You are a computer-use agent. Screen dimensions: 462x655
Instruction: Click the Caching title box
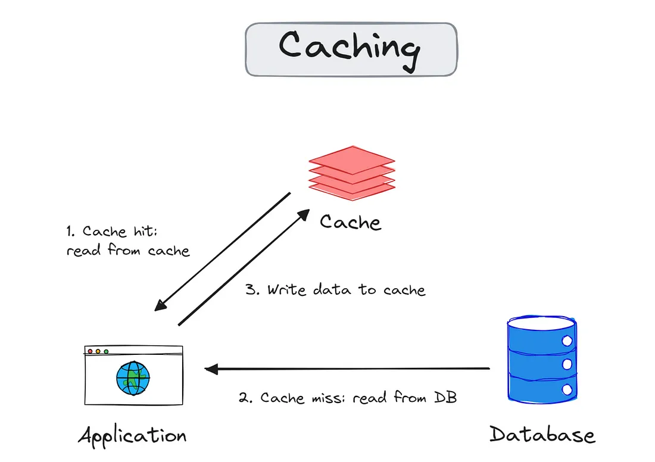pos(351,49)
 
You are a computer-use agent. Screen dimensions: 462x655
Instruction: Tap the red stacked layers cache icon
pos(351,169)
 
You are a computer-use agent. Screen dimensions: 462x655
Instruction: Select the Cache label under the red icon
pos(350,222)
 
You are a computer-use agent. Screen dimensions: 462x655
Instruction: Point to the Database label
pos(542,434)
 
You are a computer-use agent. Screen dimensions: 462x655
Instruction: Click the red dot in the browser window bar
pos(90,351)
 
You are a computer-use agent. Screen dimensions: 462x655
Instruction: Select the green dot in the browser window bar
pos(106,351)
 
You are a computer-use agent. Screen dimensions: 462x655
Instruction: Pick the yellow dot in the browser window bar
pos(98,351)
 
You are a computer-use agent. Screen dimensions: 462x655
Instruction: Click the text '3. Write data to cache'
pos(336,291)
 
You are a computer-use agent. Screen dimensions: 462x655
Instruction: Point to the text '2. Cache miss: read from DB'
pos(348,398)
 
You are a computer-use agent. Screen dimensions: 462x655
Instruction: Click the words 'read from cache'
pos(128,251)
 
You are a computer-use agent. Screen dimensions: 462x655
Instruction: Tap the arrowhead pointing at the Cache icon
pos(304,214)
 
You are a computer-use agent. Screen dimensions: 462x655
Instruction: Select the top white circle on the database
pos(566,341)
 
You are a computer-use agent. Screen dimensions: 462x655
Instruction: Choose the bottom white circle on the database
pos(566,389)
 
